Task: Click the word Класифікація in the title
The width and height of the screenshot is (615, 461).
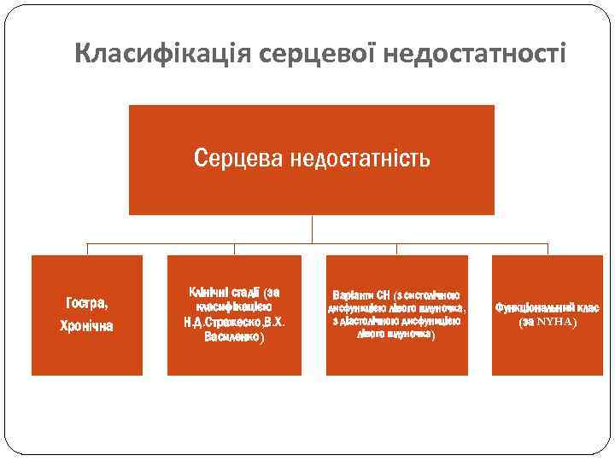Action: click(x=150, y=54)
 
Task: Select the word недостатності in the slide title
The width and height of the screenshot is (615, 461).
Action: click(x=474, y=54)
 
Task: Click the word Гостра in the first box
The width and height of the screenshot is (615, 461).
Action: click(x=85, y=304)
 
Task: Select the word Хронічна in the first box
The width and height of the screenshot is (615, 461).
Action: click(x=86, y=325)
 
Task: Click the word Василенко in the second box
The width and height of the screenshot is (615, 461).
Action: click(x=232, y=337)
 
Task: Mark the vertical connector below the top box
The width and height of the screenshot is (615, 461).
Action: click(x=312, y=228)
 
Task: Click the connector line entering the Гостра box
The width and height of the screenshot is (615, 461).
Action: click(x=87, y=248)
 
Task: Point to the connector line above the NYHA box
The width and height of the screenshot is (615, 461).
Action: click(x=548, y=248)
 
